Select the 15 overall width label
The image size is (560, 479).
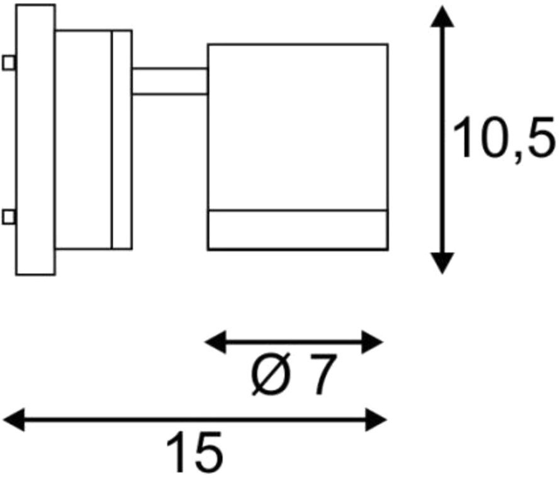[x=194, y=451]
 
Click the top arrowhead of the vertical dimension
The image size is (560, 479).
[x=442, y=16]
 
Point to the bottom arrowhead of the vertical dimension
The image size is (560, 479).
[x=442, y=263]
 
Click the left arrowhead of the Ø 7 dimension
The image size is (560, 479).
[x=215, y=342]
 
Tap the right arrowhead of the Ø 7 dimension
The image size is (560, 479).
[x=372, y=342]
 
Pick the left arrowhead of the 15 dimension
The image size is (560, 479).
[x=14, y=419]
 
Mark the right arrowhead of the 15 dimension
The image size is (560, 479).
[x=376, y=419]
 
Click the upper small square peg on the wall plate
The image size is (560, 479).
[x=9, y=63]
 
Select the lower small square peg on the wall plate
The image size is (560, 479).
[x=9, y=217]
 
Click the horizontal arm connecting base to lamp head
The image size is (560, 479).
[x=170, y=81]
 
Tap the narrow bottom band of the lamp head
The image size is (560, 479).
[x=298, y=230]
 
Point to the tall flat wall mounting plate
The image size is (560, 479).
[x=35, y=140]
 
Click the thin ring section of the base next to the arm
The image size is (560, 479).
[x=122, y=140]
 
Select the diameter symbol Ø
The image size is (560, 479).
[x=270, y=375]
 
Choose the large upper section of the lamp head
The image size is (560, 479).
[x=298, y=127]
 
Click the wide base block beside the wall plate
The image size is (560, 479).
[x=84, y=140]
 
